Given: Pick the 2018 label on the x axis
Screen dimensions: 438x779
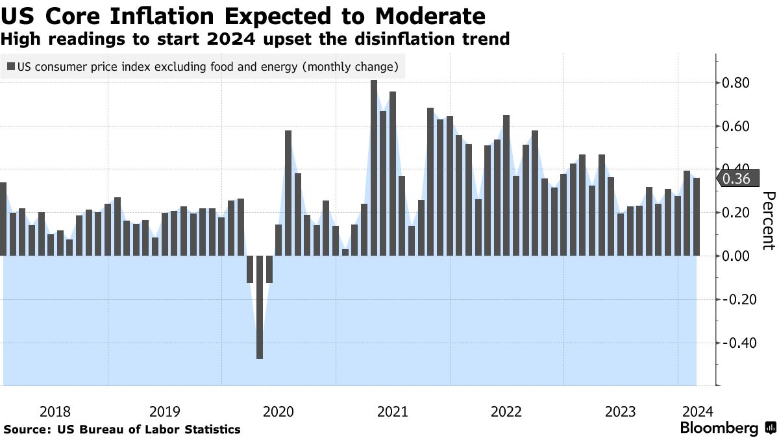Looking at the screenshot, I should pyautogui.click(x=55, y=411).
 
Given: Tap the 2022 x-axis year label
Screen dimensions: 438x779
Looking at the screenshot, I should pyautogui.click(x=506, y=411).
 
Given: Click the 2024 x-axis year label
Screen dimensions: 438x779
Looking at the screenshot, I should pyautogui.click(x=698, y=411).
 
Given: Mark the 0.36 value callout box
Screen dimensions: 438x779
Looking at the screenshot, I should pyautogui.click(x=737, y=179).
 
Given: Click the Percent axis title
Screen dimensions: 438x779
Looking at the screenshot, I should pyautogui.click(x=769, y=221).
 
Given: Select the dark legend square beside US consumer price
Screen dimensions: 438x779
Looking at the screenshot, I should pyautogui.click(x=11, y=66).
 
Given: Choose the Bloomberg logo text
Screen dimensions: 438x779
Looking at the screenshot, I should pyautogui.click(x=719, y=428).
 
